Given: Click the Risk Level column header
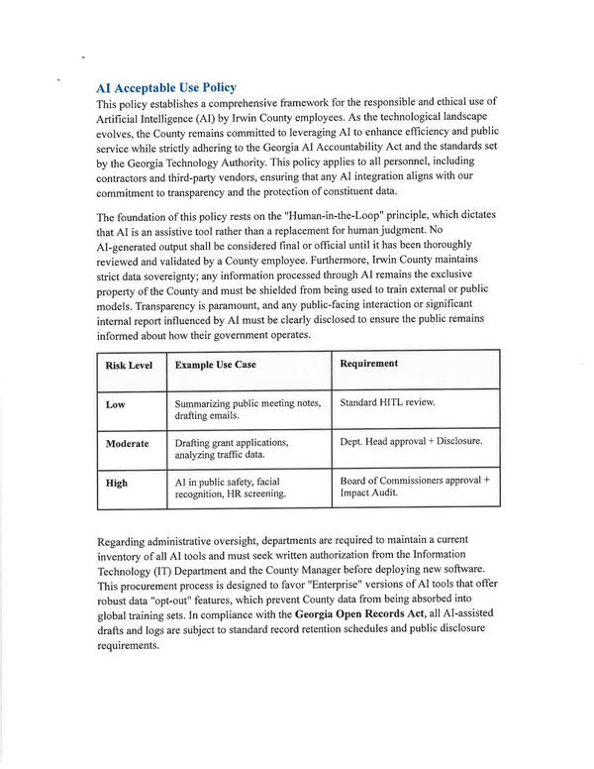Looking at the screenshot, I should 129,365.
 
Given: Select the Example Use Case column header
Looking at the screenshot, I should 215,365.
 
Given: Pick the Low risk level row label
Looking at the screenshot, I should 115,404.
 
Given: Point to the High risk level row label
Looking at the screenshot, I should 117,483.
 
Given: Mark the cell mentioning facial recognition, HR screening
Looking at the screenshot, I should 231,487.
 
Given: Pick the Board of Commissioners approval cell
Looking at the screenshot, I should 414,486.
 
